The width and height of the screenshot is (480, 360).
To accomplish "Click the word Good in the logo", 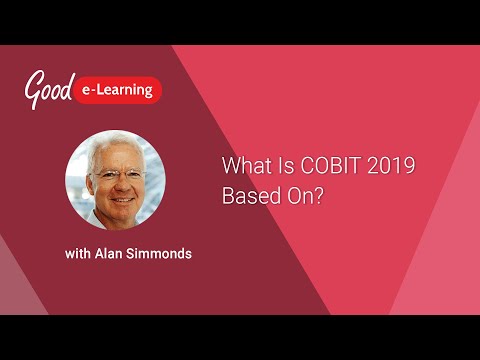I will [x=49, y=89].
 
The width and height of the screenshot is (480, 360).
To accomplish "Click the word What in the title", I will [x=242, y=166].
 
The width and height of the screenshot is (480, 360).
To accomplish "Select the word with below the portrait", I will [x=80, y=254].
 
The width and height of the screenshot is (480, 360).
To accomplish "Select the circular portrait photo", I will [x=115, y=181].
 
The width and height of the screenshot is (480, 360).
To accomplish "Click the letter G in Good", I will [x=34, y=89].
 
